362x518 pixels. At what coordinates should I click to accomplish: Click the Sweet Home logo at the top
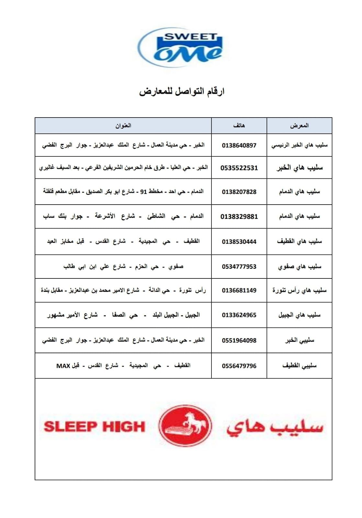pyautogui.click(x=180, y=47)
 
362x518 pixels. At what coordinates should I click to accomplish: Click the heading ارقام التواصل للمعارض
pyautogui.click(x=182, y=92)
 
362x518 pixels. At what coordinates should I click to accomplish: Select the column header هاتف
pyautogui.click(x=239, y=126)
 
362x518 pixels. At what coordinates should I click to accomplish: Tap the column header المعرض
pyautogui.click(x=299, y=126)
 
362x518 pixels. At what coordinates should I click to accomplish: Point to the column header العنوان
pyautogui.click(x=123, y=126)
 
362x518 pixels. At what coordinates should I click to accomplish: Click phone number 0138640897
pyautogui.click(x=239, y=145)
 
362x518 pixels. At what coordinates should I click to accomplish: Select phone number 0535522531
pyautogui.click(x=239, y=168)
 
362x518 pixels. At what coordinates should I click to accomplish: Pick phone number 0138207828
pyautogui.click(x=239, y=192)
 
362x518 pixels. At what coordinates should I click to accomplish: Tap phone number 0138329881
pyautogui.click(x=239, y=217)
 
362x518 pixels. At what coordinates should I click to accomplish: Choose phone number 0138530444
pyautogui.click(x=239, y=242)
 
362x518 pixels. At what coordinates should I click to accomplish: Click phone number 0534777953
pyautogui.click(x=239, y=267)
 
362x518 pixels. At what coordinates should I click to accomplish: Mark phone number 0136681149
pyautogui.click(x=239, y=290)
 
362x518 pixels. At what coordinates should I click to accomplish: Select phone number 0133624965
pyautogui.click(x=239, y=315)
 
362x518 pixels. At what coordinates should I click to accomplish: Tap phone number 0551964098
pyautogui.click(x=239, y=341)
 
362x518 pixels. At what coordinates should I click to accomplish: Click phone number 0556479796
pyautogui.click(x=239, y=366)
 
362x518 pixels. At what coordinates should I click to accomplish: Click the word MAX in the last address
pyautogui.click(x=63, y=366)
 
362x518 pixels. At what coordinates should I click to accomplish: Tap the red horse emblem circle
pyautogui.click(x=185, y=426)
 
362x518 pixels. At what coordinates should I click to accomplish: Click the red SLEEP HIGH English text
pyautogui.click(x=94, y=427)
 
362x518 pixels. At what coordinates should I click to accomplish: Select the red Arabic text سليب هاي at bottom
pyautogui.click(x=275, y=427)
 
